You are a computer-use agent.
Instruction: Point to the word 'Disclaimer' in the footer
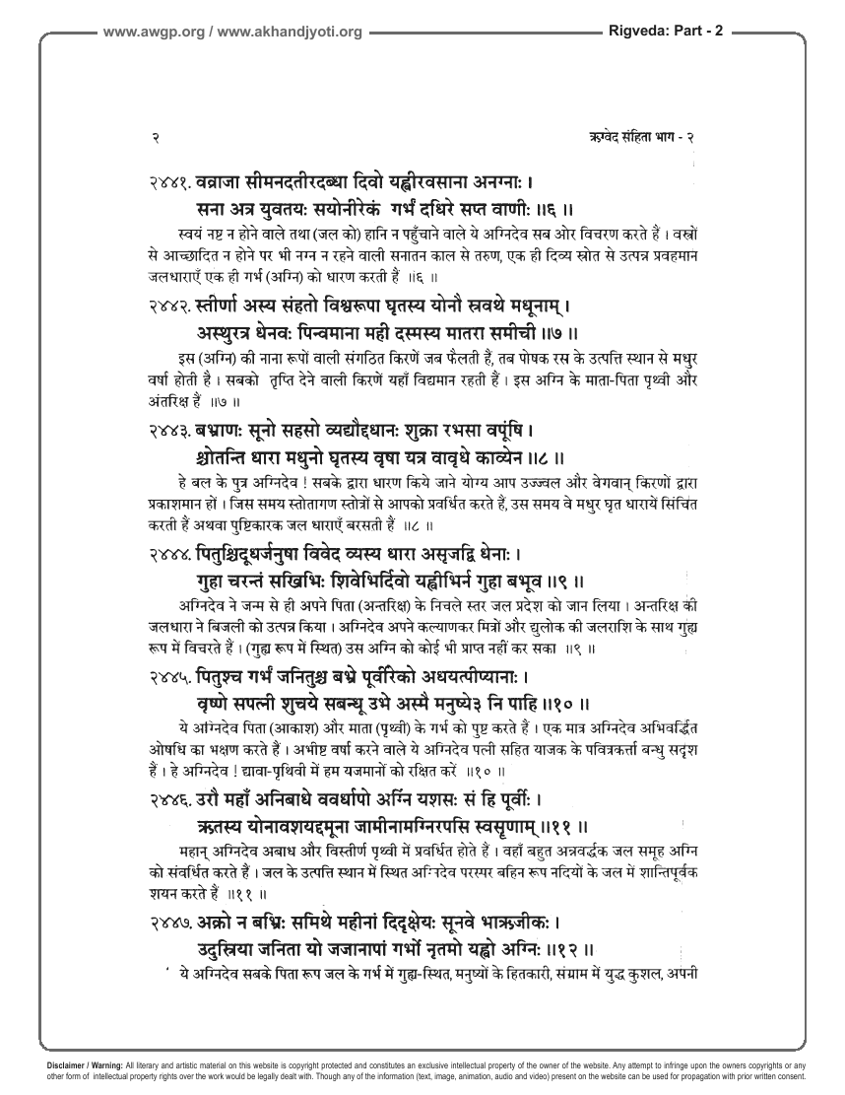[x=65, y=1065]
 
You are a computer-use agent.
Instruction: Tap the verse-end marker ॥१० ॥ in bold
[x=566, y=705]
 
